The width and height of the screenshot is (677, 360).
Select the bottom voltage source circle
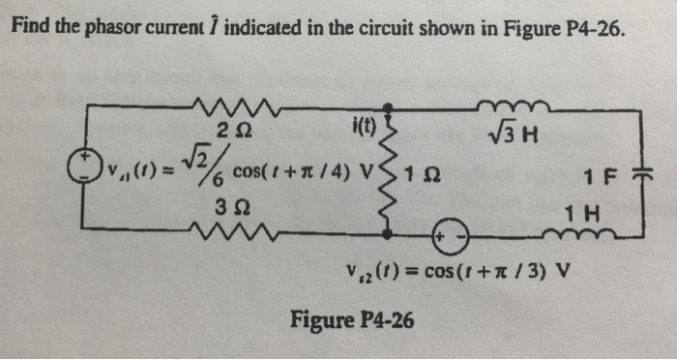tap(452, 236)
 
